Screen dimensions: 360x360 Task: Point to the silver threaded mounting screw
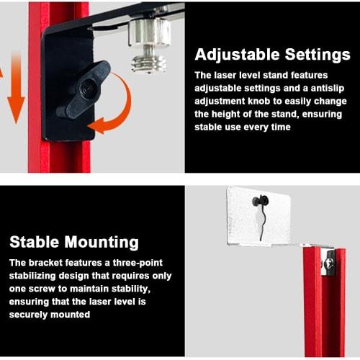[149, 45]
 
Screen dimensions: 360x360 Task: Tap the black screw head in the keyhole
[260, 201]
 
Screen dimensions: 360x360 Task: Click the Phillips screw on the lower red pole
[328, 264]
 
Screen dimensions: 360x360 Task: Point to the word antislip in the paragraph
[328, 88]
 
